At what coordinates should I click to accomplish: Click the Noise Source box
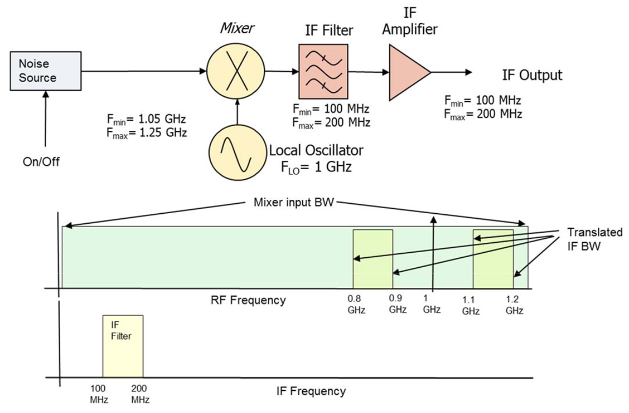pyautogui.click(x=46, y=71)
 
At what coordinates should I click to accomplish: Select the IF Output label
pyautogui.click(x=532, y=75)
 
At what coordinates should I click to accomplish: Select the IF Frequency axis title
pyautogui.click(x=311, y=391)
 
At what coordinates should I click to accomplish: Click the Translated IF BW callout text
pyautogui.click(x=594, y=239)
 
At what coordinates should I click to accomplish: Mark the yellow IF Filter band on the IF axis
pyautogui.click(x=123, y=346)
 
